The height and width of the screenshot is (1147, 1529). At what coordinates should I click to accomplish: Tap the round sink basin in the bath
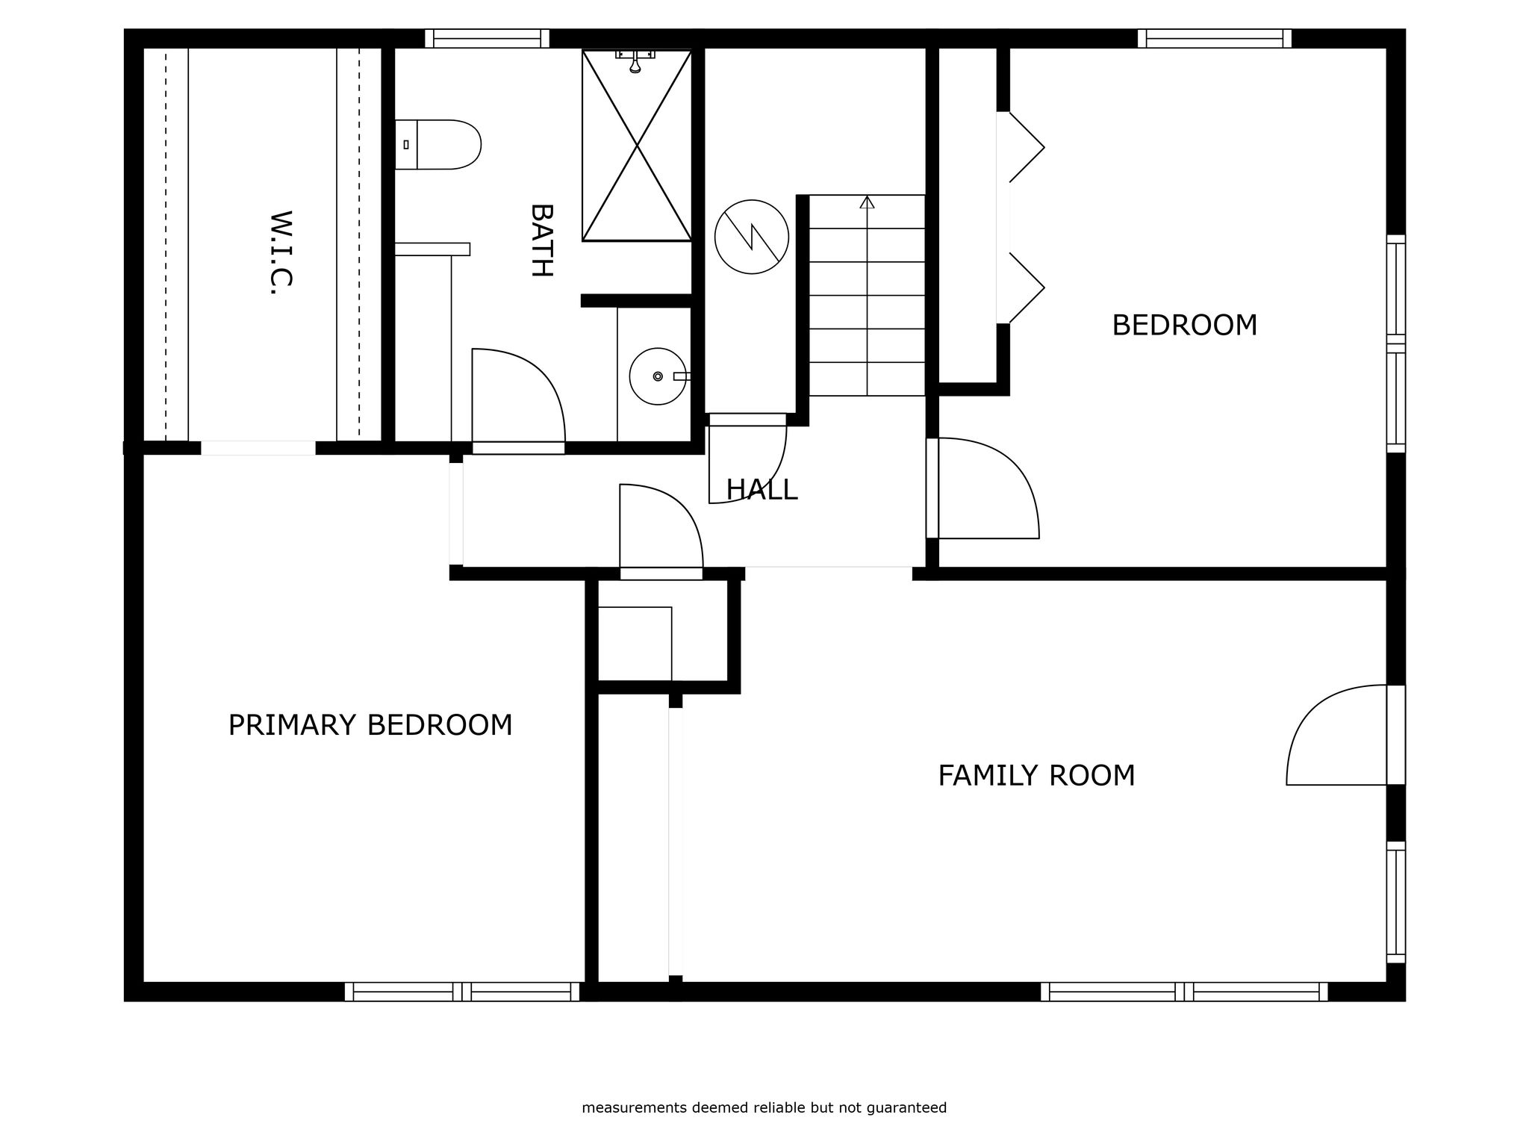(658, 376)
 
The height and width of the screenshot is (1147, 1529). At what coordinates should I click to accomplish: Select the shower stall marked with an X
(637, 146)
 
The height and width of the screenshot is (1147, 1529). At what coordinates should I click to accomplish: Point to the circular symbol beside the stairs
(752, 237)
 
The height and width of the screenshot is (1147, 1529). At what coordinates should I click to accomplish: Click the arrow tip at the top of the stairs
(867, 197)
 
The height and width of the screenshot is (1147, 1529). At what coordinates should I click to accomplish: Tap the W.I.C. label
(280, 252)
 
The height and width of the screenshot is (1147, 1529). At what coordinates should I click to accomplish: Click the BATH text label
(541, 240)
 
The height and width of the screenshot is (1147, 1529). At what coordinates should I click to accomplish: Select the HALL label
(762, 490)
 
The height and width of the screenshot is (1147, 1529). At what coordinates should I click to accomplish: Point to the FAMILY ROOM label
(1036, 776)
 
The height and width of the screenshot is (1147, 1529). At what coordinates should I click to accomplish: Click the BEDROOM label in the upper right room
(1185, 326)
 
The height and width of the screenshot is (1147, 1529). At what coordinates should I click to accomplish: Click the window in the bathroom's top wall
(487, 38)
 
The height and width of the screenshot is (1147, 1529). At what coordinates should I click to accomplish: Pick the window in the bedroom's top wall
(1215, 38)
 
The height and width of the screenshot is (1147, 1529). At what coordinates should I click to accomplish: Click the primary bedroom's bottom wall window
(462, 992)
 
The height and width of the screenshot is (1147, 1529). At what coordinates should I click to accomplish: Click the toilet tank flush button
(405, 144)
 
